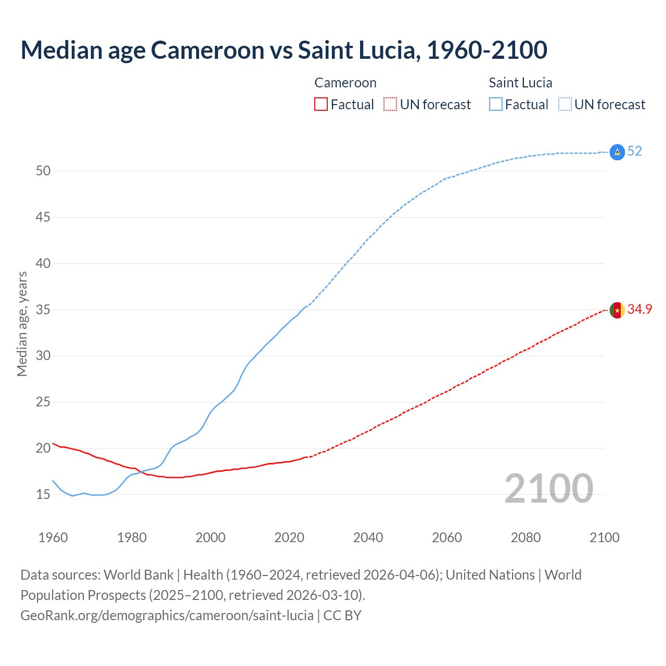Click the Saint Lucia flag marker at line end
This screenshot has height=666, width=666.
pyautogui.click(x=617, y=152)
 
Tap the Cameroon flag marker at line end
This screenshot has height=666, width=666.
pyautogui.click(x=617, y=310)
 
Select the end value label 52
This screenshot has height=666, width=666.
pyautogui.click(x=634, y=151)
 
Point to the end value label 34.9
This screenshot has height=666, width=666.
pyautogui.click(x=639, y=310)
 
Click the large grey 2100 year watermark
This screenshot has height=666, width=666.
pyautogui.click(x=548, y=489)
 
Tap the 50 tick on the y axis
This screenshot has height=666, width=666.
pyautogui.click(x=43, y=171)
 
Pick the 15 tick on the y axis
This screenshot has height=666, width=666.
pyautogui.click(x=43, y=494)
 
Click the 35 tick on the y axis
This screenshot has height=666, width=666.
pyautogui.click(x=43, y=310)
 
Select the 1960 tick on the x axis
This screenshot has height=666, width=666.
pyautogui.click(x=53, y=537)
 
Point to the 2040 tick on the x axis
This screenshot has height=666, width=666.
pyautogui.click(x=368, y=537)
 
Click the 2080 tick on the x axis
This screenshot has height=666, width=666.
pyautogui.click(x=526, y=537)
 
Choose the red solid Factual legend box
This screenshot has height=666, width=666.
pyautogui.click(x=321, y=105)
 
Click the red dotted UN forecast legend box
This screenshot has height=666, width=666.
pyautogui.click(x=390, y=105)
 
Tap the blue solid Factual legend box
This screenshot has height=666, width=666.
pyautogui.click(x=495, y=105)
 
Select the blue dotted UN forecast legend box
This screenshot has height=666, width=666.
pyautogui.click(x=565, y=105)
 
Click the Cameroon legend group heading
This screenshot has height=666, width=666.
pyautogui.click(x=345, y=83)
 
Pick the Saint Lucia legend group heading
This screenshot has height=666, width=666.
pyautogui.click(x=520, y=83)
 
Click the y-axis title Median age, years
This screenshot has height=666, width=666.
pyautogui.click(x=22, y=324)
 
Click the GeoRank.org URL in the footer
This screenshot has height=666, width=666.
pyautogui.click(x=167, y=616)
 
